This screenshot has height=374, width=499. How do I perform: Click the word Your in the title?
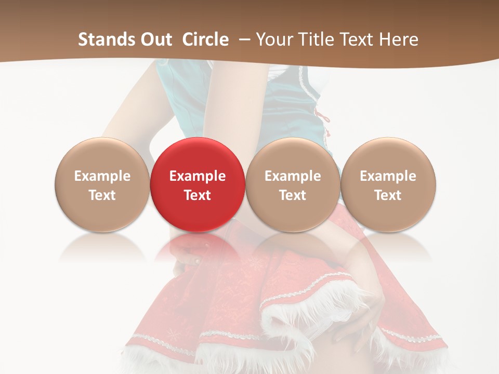[273, 39]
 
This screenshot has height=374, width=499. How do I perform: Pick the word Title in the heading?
[313, 39]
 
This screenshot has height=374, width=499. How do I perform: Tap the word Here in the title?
[397, 39]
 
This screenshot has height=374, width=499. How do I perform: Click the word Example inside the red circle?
[197, 176]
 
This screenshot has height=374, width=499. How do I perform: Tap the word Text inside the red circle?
[197, 195]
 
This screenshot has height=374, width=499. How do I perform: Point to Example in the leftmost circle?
[102, 176]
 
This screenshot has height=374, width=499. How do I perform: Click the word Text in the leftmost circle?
[102, 195]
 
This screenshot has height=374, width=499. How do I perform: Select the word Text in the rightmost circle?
[388, 195]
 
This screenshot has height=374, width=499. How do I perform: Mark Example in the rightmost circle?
[388, 176]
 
